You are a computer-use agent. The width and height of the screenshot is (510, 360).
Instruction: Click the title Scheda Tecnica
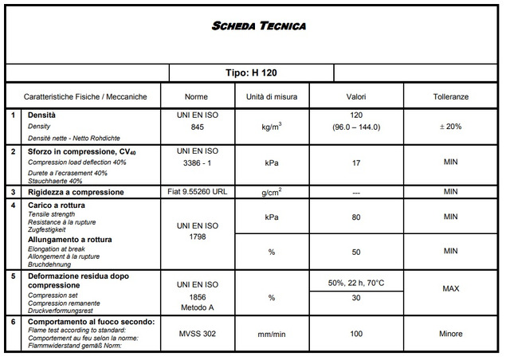[x=259, y=26]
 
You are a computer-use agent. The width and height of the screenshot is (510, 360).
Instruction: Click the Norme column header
[x=196, y=96]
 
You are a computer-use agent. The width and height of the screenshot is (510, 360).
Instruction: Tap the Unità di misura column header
[x=271, y=96]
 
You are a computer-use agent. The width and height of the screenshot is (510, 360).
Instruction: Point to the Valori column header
[x=355, y=96]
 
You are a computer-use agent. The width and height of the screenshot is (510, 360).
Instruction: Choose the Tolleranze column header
[x=451, y=96]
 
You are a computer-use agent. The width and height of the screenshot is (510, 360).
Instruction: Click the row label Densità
[x=41, y=115]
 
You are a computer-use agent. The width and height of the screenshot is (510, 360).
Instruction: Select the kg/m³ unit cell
[x=271, y=127]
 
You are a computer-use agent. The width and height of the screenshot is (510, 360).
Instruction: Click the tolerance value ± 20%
[x=451, y=127]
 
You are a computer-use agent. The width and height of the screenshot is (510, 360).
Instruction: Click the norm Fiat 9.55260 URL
[x=196, y=192]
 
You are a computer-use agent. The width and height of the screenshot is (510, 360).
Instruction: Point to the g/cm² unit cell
[x=271, y=192]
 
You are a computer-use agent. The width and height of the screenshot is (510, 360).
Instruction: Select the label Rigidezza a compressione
[x=76, y=192]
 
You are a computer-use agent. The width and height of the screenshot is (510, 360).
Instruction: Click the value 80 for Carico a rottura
[x=355, y=217]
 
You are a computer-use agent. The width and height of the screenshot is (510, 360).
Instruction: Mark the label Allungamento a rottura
[x=70, y=239]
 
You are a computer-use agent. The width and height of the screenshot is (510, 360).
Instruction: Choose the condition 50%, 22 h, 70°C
[x=355, y=283]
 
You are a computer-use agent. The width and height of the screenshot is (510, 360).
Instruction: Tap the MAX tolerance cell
[x=451, y=289]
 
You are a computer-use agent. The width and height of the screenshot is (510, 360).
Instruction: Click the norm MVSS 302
[x=196, y=334]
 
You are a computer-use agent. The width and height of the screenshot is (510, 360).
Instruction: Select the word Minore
[x=451, y=334]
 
